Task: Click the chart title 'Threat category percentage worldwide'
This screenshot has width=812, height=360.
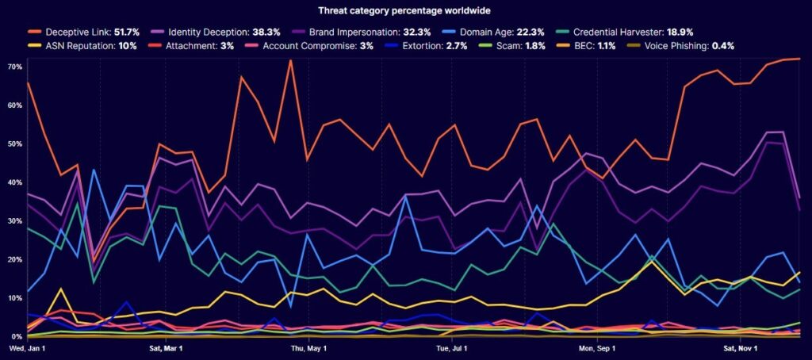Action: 405,10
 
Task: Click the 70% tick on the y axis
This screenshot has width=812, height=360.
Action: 13,66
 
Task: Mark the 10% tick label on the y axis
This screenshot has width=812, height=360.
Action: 13,298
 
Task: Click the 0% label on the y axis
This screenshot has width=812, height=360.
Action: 11,337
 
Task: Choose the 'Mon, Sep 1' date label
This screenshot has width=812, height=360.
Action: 597,348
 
